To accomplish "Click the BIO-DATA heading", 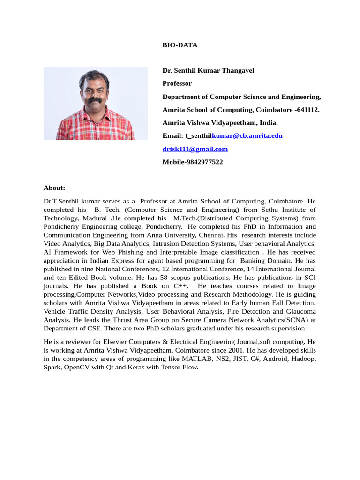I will (x=180, y=45).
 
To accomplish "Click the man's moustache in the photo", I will (x=95, y=100).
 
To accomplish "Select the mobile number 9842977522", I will (x=204, y=162).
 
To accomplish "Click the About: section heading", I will (x=54, y=188).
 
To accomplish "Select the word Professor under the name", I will (x=177, y=83).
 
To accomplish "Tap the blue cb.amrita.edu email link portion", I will (x=247, y=136).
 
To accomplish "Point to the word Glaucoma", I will (x=300, y=311).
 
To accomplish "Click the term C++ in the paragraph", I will (x=180, y=286).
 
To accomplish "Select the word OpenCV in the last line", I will (x=77, y=367).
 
